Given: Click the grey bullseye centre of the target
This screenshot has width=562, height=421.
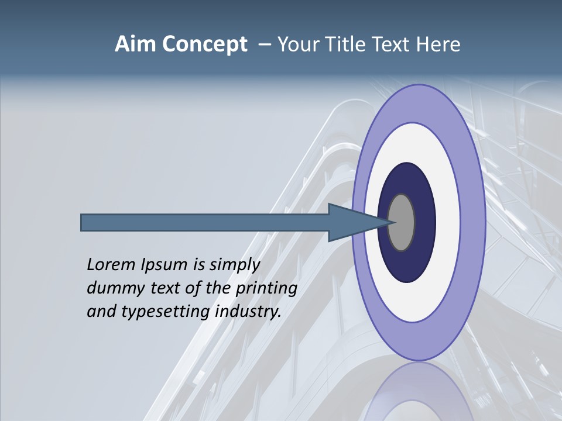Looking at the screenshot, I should click(402, 223).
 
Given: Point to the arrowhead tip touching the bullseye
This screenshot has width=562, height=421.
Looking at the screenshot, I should click(393, 222).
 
